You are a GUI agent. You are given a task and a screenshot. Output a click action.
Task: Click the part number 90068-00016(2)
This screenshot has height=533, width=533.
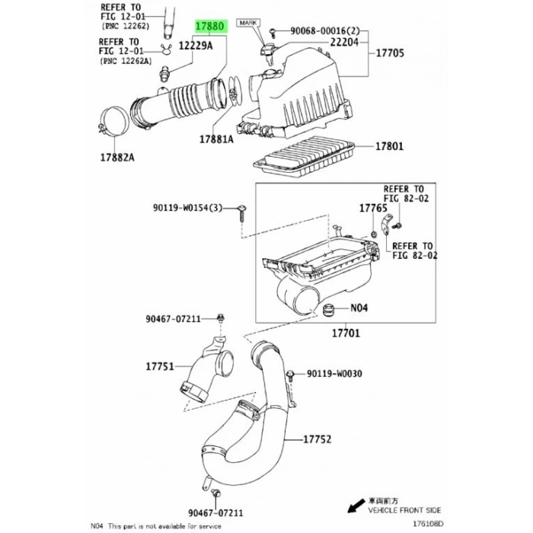coord(319,31)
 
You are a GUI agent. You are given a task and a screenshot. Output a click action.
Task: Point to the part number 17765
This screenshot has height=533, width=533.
coord(372,207)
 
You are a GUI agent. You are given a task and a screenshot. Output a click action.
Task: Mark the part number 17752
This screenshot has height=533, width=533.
coord(319,440)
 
